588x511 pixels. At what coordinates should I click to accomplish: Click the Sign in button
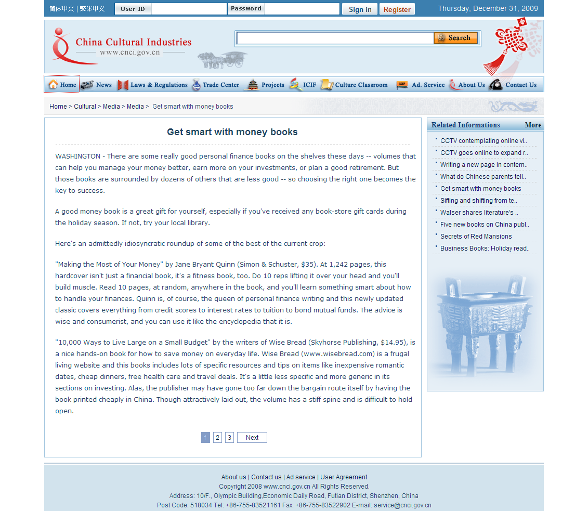point(360,9)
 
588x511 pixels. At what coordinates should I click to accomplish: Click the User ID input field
point(189,9)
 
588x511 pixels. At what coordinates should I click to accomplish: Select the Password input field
point(302,9)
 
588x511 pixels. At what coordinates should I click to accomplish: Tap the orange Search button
point(455,38)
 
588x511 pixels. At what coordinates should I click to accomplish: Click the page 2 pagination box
point(218,438)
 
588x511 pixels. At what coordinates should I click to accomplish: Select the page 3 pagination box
point(229,438)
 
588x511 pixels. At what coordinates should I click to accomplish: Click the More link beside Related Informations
point(533,125)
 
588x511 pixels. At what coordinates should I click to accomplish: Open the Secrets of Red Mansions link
point(476,237)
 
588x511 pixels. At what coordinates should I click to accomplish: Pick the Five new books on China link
point(485,225)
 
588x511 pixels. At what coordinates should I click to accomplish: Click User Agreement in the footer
point(344,477)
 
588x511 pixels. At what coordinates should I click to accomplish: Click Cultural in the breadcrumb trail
point(85,107)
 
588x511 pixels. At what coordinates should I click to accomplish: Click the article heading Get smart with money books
point(232,132)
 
